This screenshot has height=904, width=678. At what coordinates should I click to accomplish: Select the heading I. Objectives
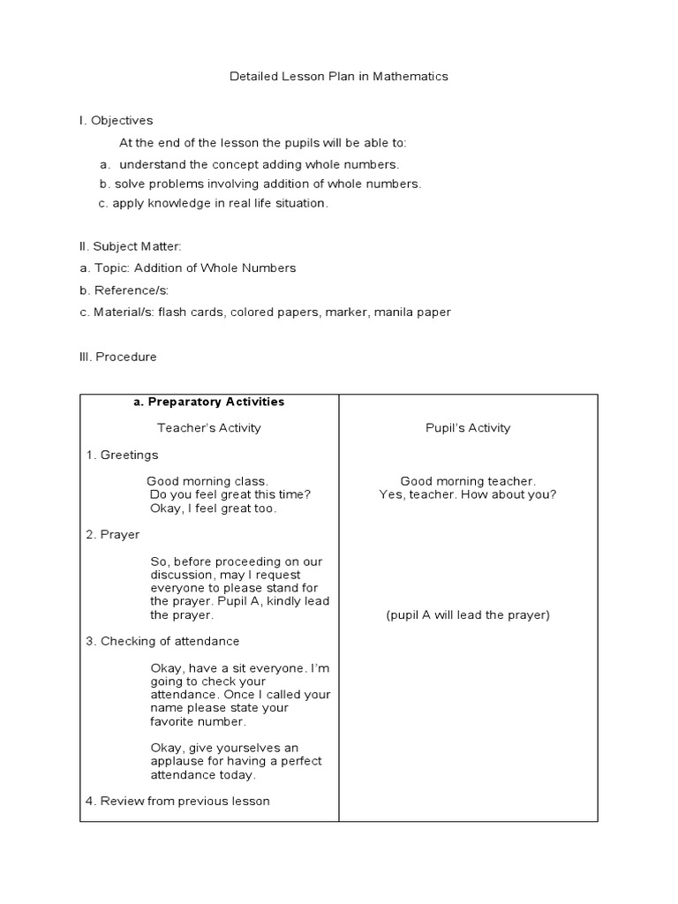pyautogui.click(x=116, y=121)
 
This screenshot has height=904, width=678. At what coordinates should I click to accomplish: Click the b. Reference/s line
pyautogui.click(x=124, y=290)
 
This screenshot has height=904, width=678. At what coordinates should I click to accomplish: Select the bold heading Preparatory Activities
pyautogui.click(x=208, y=402)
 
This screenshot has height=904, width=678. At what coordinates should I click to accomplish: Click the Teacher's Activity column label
pyautogui.click(x=209, y=428)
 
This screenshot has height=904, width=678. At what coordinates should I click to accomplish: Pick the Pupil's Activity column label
pyautogui.click(x=468, y=428)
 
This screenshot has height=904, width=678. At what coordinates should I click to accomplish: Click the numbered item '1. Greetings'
pyautogui.click(x=122, y=456)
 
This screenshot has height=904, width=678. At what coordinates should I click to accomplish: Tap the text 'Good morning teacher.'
pyautogui.click(x=468, y=481)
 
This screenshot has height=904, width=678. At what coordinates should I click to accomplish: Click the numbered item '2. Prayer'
pyautogui.click(x=112, y=535)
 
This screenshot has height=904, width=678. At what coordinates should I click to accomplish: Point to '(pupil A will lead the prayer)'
pyautogui.click(x=468, y=615)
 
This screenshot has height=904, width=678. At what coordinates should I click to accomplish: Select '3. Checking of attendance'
pyautogui.click(x=162, y=642)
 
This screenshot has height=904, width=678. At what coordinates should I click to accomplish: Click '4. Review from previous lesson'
pyautogui.click(x=177, y=802)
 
